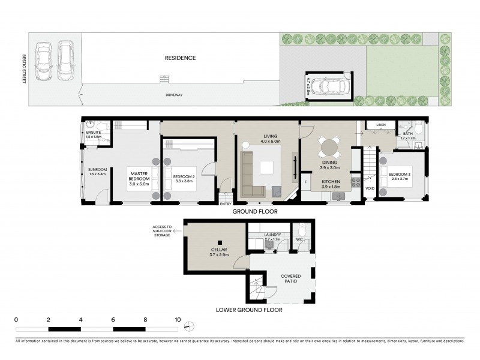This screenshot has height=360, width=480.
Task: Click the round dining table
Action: pos(328,147)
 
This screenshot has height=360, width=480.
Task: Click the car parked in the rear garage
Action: pos(328,87)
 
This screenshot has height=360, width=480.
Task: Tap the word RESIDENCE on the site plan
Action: pos(181,58)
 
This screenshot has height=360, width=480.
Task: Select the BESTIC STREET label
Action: pos(25,69)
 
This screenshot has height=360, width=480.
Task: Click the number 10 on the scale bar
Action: pos(178,319)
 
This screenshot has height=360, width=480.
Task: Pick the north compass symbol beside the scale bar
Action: pos(189,326)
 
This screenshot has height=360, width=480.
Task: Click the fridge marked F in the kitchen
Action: pos(305,181)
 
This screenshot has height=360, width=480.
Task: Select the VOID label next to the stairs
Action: pos(370,188)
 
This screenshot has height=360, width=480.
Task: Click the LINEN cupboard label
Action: pos(380,125)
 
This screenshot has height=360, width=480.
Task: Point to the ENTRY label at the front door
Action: pos(226,203)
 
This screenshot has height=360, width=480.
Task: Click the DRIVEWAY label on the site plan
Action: pos(174,95)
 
